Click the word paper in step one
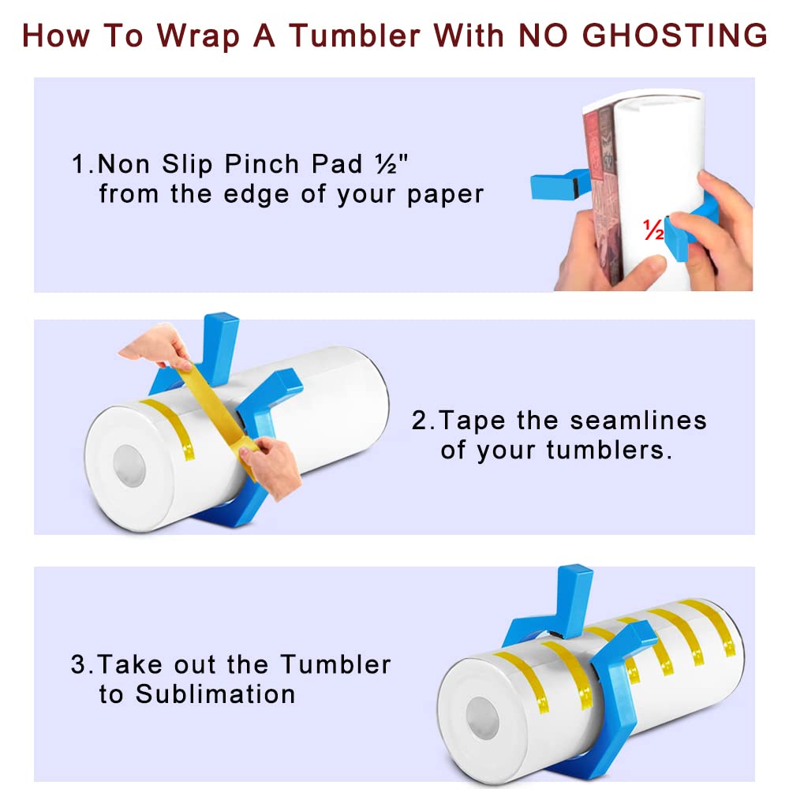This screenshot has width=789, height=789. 445,194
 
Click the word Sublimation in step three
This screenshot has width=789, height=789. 215,694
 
